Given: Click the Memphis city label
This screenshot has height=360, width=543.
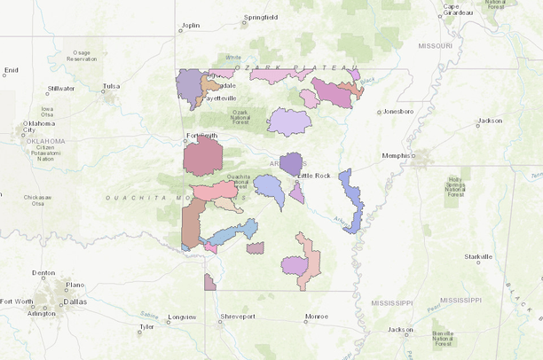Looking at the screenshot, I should click(398, 155).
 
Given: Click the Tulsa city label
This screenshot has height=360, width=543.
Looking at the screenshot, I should click(111, 86).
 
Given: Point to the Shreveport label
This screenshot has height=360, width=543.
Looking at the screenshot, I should click(238, 316).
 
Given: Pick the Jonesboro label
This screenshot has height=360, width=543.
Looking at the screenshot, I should click(397, 112).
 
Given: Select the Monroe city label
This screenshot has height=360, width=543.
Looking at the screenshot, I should click(316, 316).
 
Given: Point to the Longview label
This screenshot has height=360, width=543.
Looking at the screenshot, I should click(181, 316).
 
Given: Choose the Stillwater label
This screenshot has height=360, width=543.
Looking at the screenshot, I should click(61, 89).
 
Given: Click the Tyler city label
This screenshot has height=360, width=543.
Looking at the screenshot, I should click(146, 326).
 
